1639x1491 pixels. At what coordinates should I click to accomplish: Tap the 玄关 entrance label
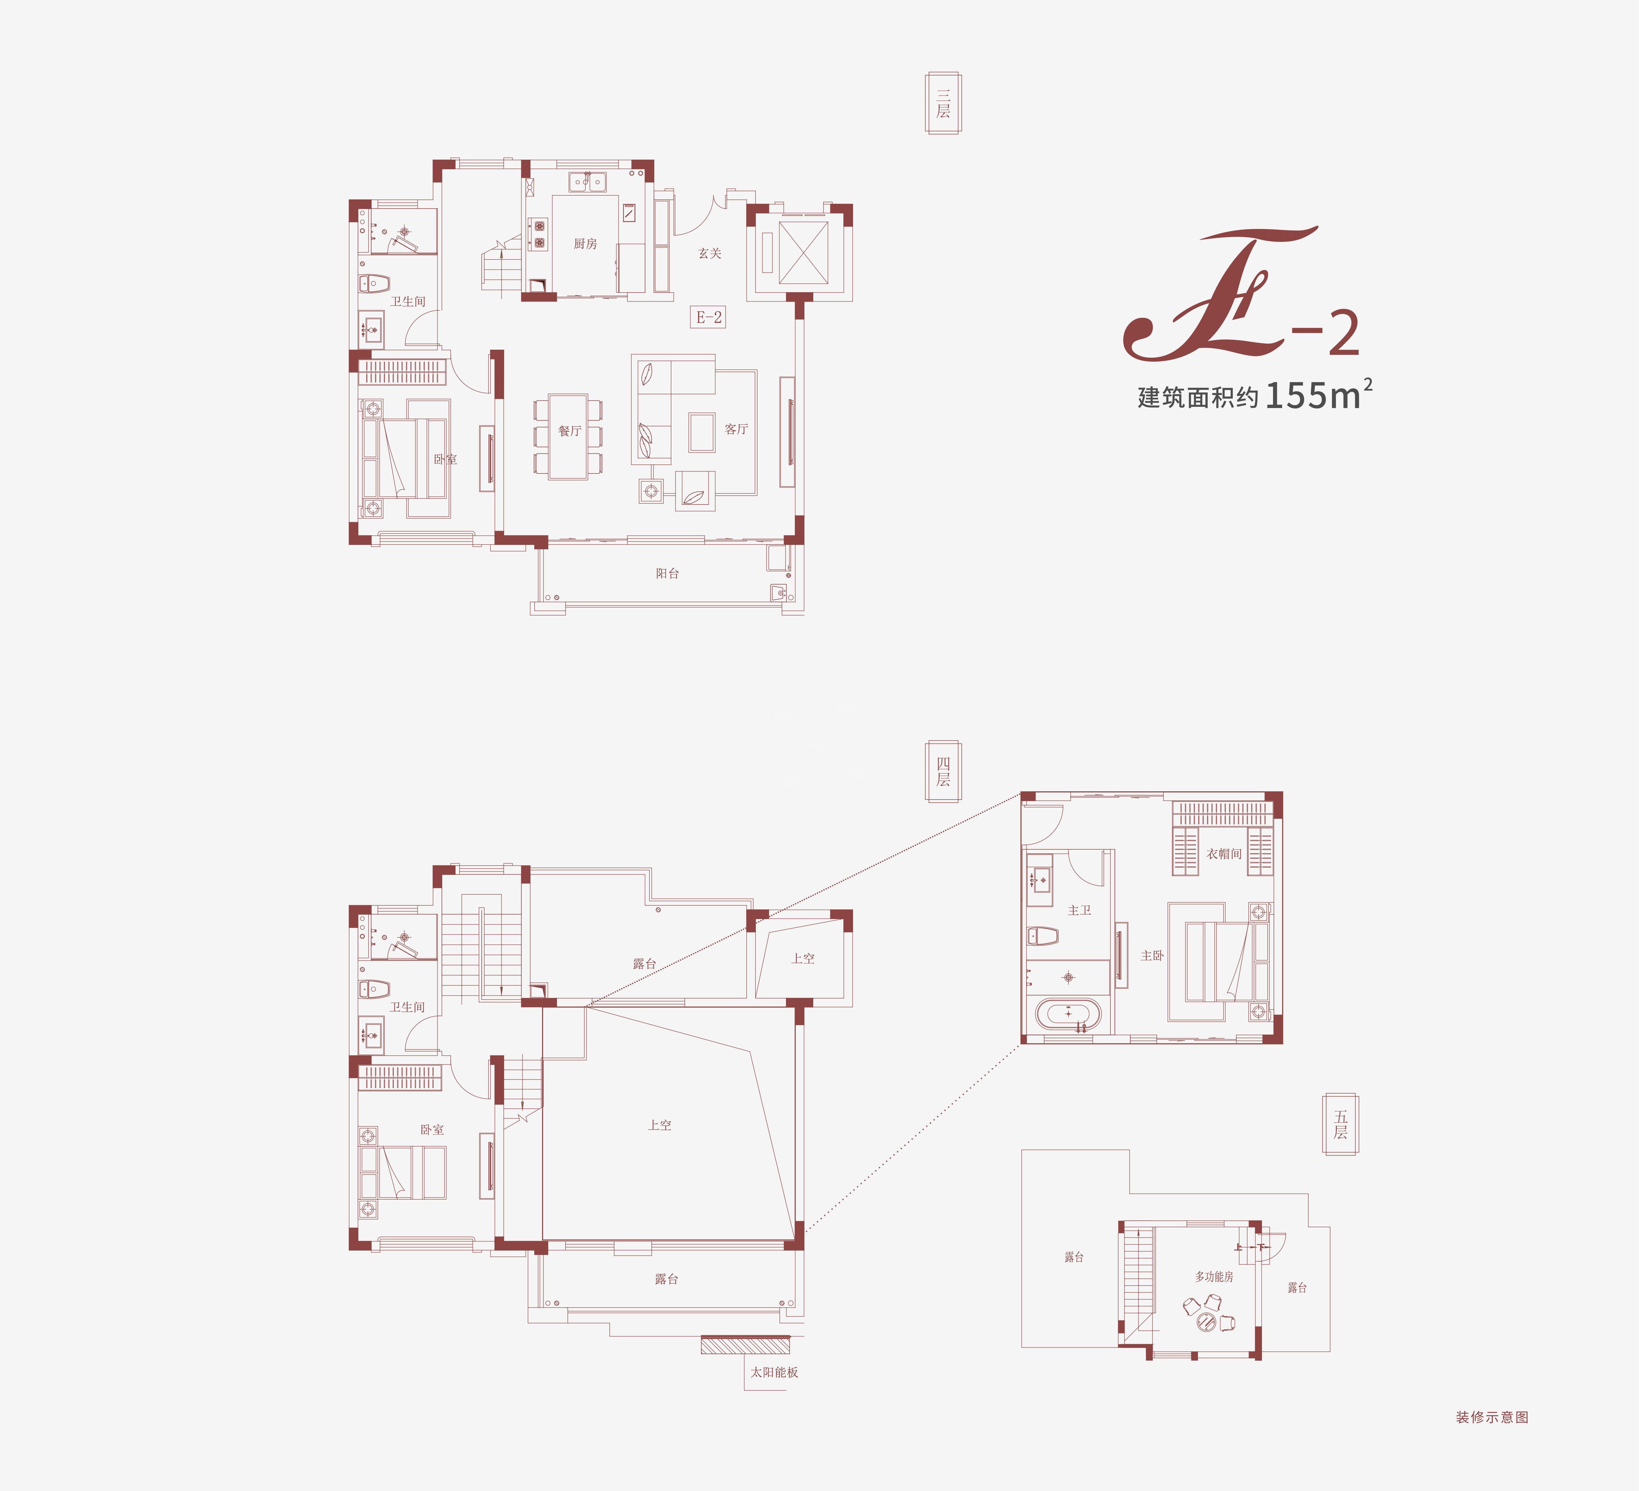click(x=710, y=254)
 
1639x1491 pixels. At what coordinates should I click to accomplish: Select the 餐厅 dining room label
click(x=570, y=431)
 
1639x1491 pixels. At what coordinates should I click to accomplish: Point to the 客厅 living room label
click(x=736, y=429)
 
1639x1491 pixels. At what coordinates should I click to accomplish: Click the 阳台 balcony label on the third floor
click(x=667, y=573)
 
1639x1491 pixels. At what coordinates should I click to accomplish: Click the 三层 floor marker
click(x=943, y=103)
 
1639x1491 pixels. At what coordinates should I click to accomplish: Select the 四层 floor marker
click(x=943, y=771)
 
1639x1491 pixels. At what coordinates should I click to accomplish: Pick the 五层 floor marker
click(x=1341, y=1124)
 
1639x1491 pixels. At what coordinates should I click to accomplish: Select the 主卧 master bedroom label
click(x=1152, y=956)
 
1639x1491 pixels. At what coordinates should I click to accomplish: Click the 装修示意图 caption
click(x=1492, y=1417)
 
